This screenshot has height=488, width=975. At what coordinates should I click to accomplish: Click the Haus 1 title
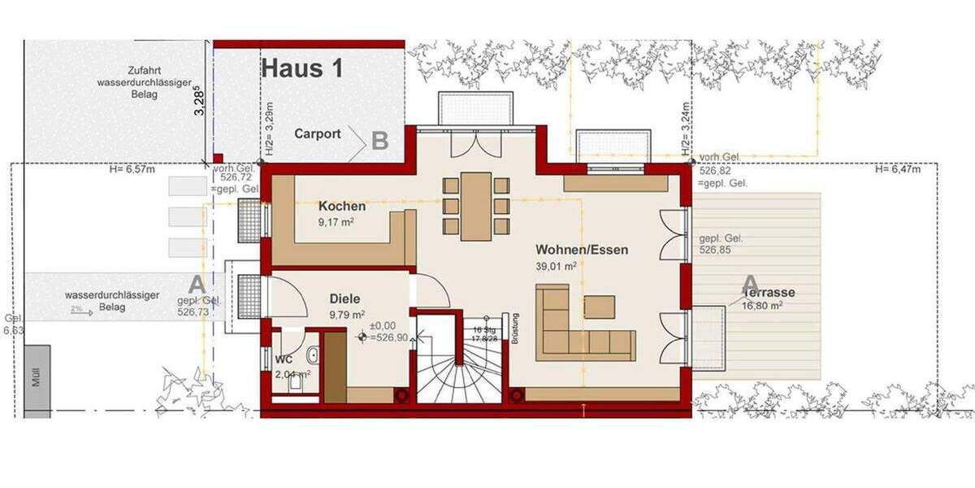tap(301, 68)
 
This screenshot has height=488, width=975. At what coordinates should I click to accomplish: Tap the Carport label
tap(318, 134)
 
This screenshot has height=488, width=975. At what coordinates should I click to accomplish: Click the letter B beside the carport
tap(379, 141)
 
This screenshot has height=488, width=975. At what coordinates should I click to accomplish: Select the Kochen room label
tap(342, 207)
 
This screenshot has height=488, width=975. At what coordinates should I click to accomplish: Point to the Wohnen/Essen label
tap(581, 250)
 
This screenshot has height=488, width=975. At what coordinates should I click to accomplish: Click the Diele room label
tap(344, 298)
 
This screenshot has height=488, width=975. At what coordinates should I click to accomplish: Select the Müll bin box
tap(37, 379)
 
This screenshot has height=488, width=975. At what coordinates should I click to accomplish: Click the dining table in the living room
tap(476, 207)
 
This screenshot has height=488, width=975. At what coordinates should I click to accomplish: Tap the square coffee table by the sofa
tap(600, 306)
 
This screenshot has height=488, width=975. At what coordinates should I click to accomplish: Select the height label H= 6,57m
tap(132, 170)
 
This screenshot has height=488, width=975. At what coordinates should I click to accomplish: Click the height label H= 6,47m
tap(898, 170)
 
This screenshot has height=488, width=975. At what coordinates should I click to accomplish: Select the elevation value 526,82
tap(711, 172)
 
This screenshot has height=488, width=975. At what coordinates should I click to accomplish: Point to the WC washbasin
tap(312, 355)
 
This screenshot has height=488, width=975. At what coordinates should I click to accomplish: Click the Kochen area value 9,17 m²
tap(338, 220)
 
